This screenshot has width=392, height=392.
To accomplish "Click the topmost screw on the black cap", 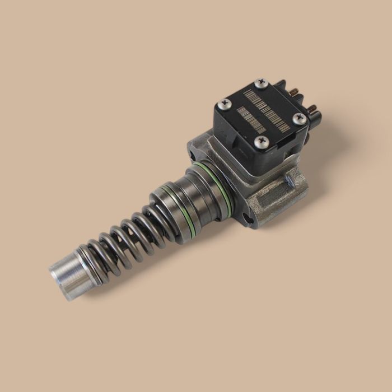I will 259,83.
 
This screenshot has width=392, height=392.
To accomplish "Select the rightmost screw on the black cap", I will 300,118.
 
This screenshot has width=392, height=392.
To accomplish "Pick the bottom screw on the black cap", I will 260,142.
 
